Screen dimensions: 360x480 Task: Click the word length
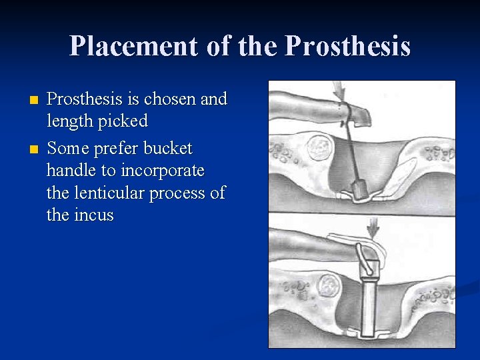click(69, 122)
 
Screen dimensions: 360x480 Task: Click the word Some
click(69, 147)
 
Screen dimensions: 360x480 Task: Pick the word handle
click(73, 171)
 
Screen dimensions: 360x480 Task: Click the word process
click(187, 193)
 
